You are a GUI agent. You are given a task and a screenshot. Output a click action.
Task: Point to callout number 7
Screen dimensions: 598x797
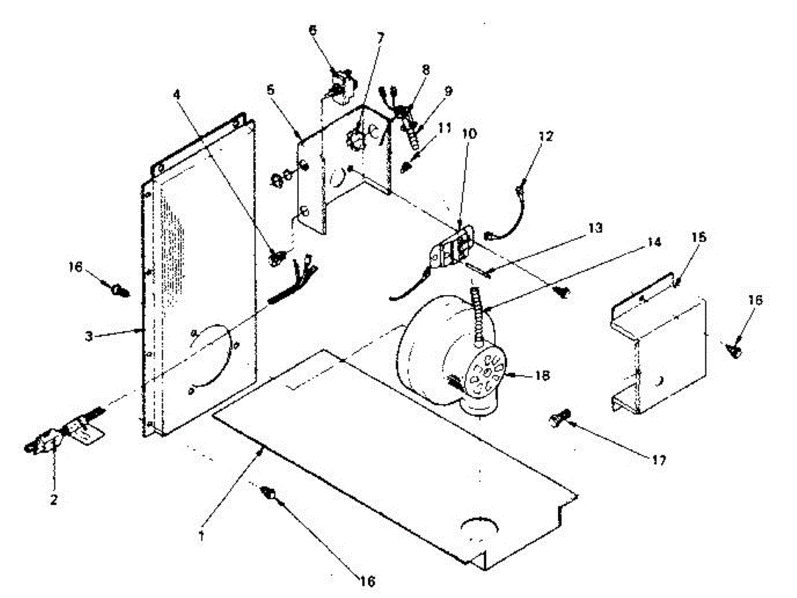(381, 37)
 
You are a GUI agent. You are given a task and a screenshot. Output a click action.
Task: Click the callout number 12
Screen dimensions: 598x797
(545, 136)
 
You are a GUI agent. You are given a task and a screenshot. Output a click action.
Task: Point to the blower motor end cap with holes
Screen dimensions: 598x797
(487, 374)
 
